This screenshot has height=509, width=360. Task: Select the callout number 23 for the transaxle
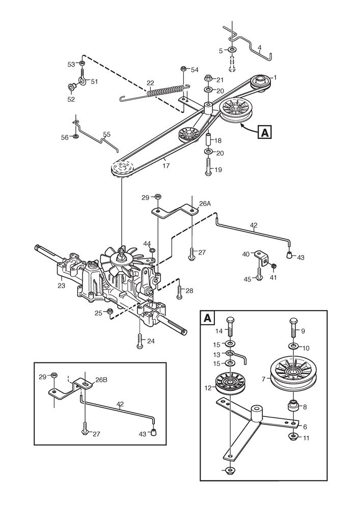coord(62,279)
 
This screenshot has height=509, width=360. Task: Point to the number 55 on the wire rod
coord(106,134)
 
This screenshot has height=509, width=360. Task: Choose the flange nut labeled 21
coord(208,78)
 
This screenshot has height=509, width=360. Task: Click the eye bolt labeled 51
coord(81,79)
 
